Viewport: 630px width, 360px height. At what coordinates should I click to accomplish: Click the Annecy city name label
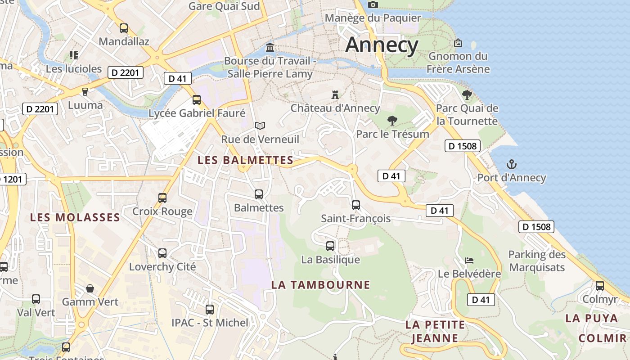click(382, 45)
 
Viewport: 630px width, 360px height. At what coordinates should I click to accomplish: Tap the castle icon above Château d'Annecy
click(335, 94)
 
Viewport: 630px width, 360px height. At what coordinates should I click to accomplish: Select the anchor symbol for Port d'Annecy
click(512, 164)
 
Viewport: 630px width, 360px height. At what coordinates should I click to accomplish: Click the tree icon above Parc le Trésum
click(392, 120)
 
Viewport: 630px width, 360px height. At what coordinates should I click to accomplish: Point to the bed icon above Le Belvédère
click(469, 261)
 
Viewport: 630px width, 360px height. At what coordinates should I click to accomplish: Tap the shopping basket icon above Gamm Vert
click(90, 288)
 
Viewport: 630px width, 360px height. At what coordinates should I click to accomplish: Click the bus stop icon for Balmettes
click(259, 194)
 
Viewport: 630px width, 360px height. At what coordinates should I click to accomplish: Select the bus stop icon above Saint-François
click(356, 205)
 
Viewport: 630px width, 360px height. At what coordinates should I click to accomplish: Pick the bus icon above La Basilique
click(330, 246)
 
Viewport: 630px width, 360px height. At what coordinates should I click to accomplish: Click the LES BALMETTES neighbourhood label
click(246, 160)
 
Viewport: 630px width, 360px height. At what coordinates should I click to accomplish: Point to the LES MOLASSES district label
click(75, 218)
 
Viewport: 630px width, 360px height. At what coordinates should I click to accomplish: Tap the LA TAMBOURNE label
click(320, 285)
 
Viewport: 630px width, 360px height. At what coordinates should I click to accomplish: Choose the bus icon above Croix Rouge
click(162, 198)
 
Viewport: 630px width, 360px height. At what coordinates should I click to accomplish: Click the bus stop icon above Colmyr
click(600, 285)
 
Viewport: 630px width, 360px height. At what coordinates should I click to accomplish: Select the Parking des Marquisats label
click(536, 261)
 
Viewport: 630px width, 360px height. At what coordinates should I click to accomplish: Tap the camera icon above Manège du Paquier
click(373, 4)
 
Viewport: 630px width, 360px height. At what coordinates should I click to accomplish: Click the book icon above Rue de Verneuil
click(260, 126)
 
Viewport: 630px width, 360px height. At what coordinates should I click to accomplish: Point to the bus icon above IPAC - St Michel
click(210, 309)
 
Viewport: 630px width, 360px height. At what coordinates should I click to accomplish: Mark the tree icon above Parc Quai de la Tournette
click(467, 94)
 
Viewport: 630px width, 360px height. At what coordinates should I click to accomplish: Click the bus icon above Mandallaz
click(124, 28)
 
